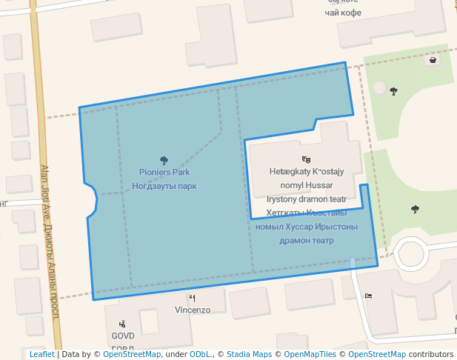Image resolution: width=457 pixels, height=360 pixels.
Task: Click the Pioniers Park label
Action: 164,172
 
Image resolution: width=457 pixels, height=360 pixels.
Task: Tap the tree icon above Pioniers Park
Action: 164,159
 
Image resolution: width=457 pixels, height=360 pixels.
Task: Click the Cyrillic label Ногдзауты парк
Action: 164,186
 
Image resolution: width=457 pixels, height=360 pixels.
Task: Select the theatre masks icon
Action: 305,159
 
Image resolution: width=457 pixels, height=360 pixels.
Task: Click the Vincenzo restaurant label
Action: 193,310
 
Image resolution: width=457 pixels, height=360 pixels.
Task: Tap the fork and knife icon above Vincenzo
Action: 193,299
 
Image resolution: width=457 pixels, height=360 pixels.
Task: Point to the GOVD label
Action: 122,336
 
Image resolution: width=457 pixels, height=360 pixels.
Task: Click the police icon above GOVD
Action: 122,324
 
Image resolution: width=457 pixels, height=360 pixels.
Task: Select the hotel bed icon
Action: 368,296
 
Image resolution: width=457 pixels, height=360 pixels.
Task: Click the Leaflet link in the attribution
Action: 41,355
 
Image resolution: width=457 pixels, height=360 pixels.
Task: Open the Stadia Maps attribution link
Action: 249,355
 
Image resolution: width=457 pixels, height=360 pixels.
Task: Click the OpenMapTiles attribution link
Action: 307,355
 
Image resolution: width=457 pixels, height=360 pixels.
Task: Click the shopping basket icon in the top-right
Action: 432,60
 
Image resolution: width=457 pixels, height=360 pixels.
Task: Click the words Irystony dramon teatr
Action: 306,199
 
